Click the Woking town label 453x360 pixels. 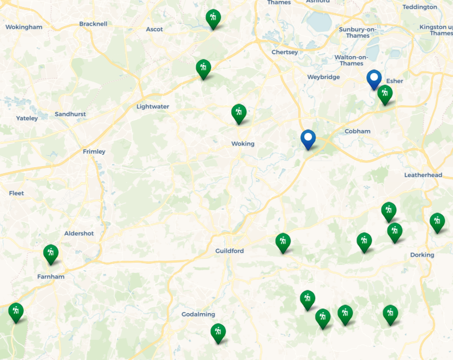pyautogui.click(x=243, y=144)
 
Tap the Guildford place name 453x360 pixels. pyautogui.click(x=229, y=251)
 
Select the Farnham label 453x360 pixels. pyautogui.click(x=51, y=277)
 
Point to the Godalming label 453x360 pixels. pyautogui.click(x=198, y=314)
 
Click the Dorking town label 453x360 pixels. pyautogui.click(x=422, y=255)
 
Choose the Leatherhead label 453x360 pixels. pyautogui.click(x=423, y=175)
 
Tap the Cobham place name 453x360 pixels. pyautogui.click(x=357, y=131)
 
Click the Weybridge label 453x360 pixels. pyautogui.click(x=323, y=77)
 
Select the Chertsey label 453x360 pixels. pyautogui.click(x=285, y=52)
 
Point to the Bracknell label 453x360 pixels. pyautogui.click(x=93, y=24)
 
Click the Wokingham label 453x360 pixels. pyautogui.click(x=23, y=27)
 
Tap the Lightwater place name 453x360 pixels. pyautogui.click(x=153, y=107)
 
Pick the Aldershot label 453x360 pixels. pyautogui.click(x=79, y=233)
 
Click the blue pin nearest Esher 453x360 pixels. pyautogui.click(x=373, y=80)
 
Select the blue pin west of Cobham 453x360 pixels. pyautogui.click(x=308, y=139)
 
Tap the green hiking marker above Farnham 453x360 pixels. pyautogui.click(x=51, y=254)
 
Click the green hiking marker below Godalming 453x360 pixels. pyautogui.click(x=218, y=333)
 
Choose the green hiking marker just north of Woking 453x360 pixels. pyautogui.click(x=238, y=113)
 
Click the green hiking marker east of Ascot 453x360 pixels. pyautogui.click(x=213, y=19)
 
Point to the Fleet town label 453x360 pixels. pyautogui.click(x=16, y=193)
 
